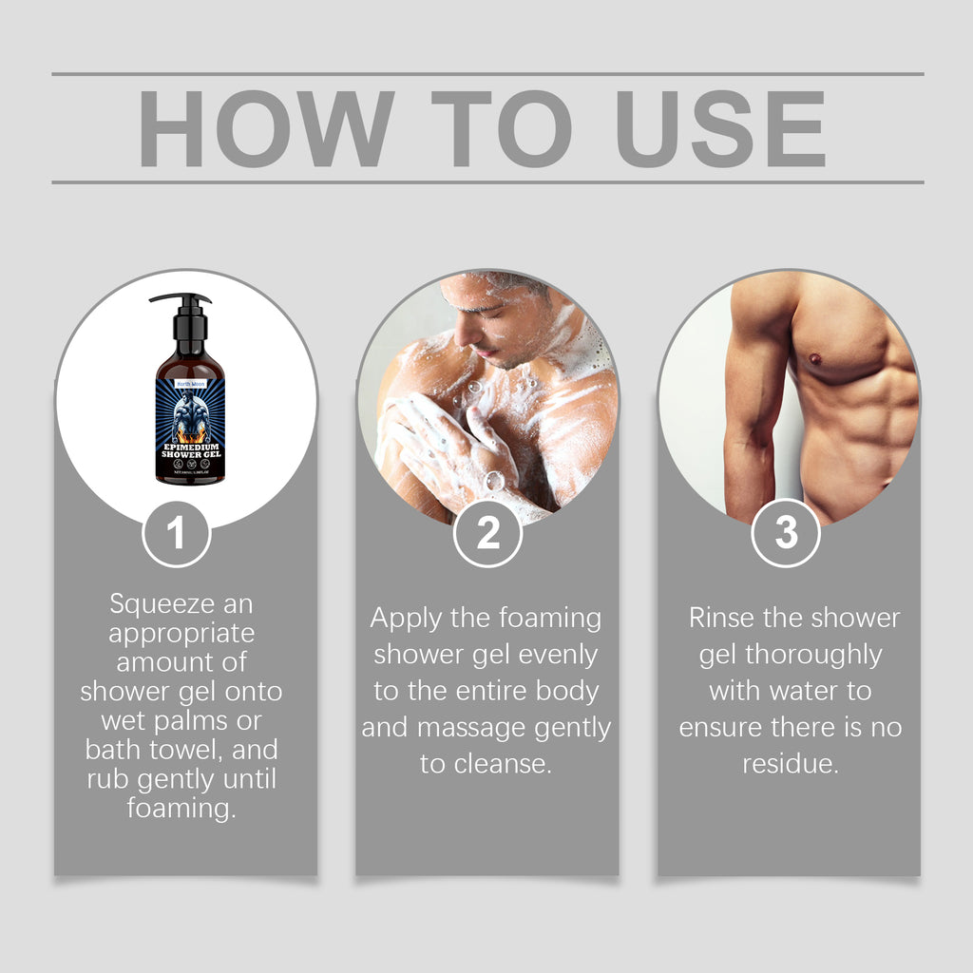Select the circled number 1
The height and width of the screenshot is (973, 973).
pyautogui.click(x=176, y=534)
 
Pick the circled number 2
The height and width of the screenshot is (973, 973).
pyautogui.click(x=487, y=534)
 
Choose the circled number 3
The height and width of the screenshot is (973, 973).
pyautogui.click(x=786, y=534)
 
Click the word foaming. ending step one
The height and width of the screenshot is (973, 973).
pyautogui.click(x=181, y=809)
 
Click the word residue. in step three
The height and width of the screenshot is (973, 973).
pyautogui.click(x=790, y=764)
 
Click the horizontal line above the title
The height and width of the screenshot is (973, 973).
pyautogui.click(x=487, y=73)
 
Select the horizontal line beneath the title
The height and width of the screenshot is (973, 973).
pyautogui.click(x=487, y=181)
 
